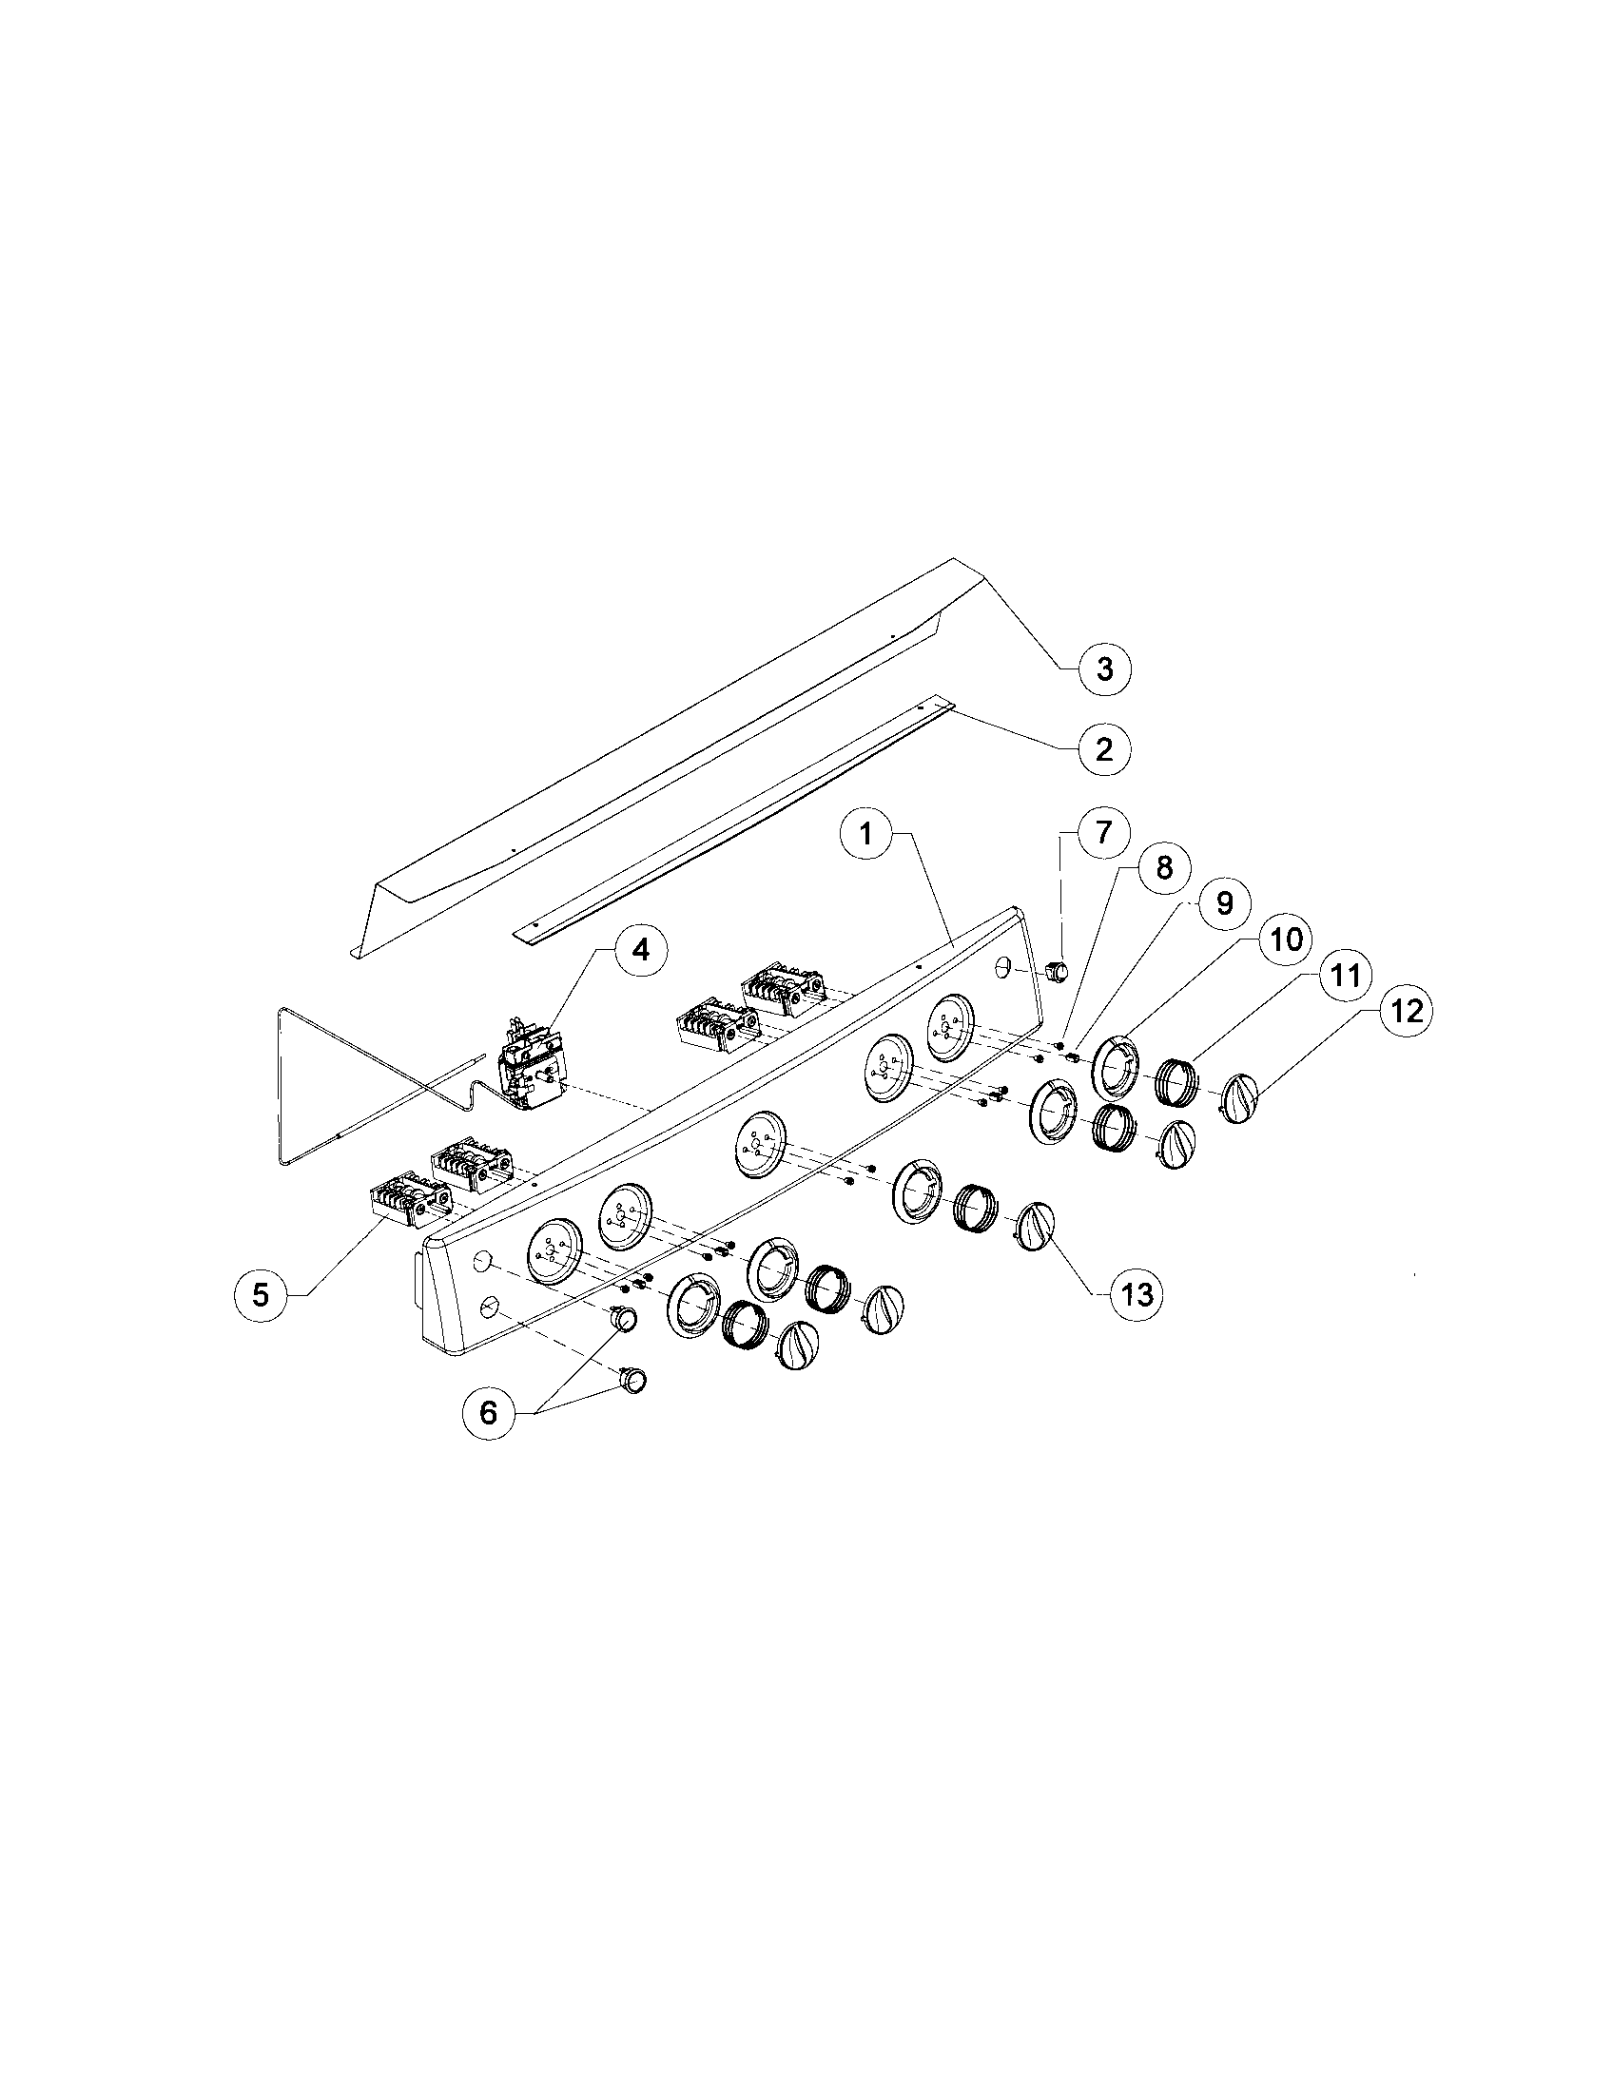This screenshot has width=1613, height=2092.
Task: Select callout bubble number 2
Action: point(1103,748)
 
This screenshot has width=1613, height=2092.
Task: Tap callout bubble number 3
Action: point(1104,668)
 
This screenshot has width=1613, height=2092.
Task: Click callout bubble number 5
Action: point(261,1295)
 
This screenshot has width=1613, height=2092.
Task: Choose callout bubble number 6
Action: point(489,1412)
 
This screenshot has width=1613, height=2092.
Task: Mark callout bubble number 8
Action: point(1163,868)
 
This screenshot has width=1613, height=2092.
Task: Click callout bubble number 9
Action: point(1224,902)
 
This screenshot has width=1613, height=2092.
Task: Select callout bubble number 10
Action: point(1286,939)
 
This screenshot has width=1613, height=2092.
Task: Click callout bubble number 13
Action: point(1137,1295)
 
